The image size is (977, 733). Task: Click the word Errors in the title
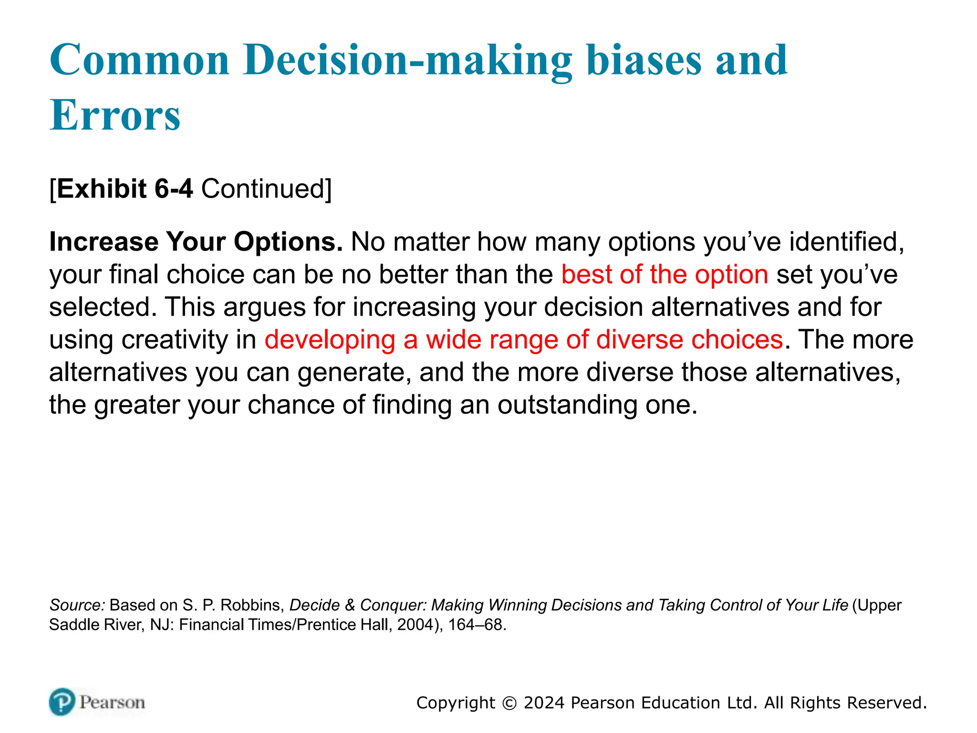coord(115,115)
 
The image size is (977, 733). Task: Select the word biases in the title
coord(644,60)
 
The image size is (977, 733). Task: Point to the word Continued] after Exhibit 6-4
coord(266,189)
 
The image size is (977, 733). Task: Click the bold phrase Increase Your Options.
coord(196,242)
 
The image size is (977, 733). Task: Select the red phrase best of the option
coord(665,275)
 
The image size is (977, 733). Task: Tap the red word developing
coord(330,340)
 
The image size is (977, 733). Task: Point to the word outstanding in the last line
coord(567,405)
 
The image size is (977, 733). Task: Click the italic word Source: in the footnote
coord(77,605)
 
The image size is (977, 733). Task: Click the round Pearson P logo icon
coord(62,702)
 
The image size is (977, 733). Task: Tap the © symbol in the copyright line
coord(509,703)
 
